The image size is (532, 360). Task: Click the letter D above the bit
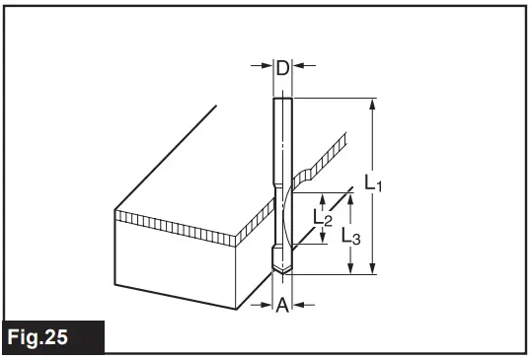pos(281,68)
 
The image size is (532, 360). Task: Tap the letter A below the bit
pos(282,305)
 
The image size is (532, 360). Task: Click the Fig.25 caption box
pos(52,337)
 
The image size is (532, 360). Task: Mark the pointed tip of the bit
pos(282,274)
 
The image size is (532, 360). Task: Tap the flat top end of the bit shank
pos(282,98)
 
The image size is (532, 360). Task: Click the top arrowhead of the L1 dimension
pos(372,103)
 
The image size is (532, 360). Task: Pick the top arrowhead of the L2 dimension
pos(322,195)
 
